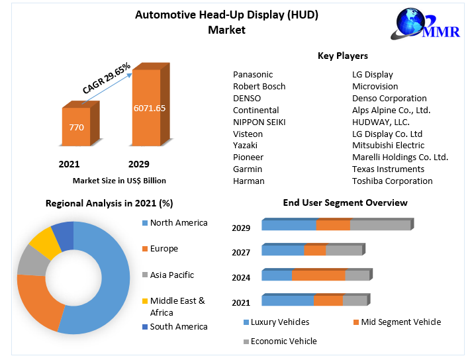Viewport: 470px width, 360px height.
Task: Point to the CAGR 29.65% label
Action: point(106,78)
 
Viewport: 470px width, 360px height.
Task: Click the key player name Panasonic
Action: point(253,75)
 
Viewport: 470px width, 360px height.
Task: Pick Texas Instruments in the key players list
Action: point(388,169)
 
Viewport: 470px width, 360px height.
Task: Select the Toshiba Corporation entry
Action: point(392,181)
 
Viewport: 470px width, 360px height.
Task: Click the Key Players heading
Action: point(343,56)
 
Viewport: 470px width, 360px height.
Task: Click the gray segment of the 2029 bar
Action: point(380,225)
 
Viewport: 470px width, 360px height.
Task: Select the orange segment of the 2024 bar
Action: point(318,275)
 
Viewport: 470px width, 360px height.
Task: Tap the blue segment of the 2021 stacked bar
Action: point(287,300)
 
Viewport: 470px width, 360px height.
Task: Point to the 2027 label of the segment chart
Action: point(241,252)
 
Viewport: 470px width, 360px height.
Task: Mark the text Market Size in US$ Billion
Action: point(119,181)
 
